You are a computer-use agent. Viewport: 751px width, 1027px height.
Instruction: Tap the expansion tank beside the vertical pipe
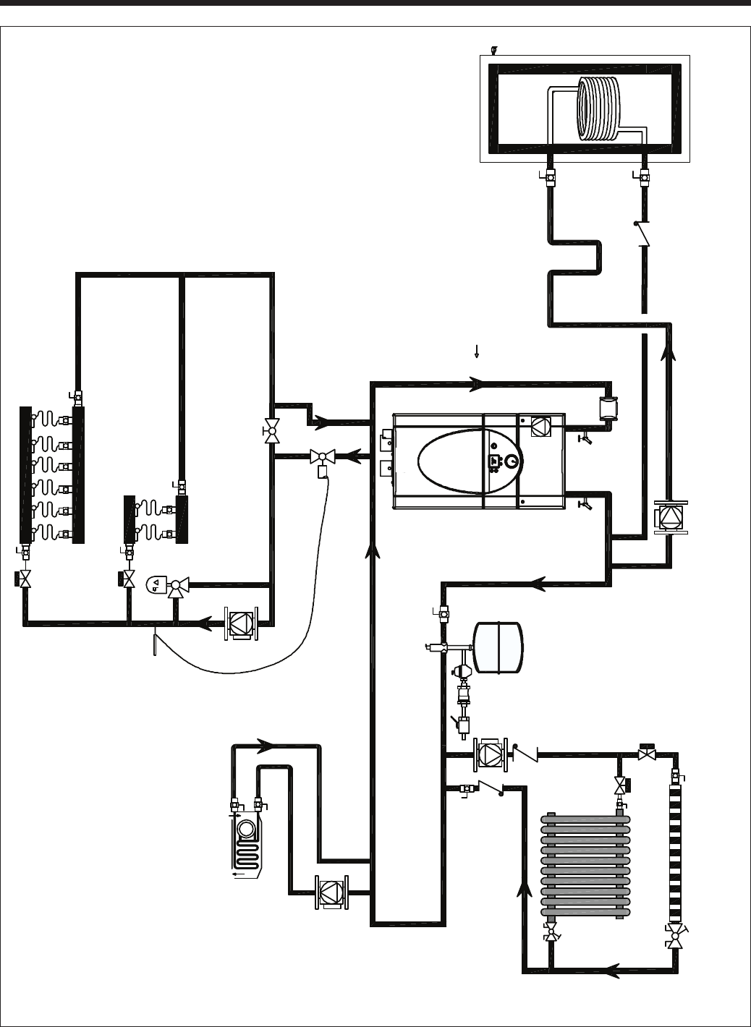click(497, 644)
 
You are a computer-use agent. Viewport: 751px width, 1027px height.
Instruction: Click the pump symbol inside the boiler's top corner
click(540, 427)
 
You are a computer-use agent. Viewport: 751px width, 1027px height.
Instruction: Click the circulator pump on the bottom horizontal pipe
click(330, 891)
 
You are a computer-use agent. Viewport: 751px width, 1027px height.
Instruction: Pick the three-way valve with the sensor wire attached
click(320, 457)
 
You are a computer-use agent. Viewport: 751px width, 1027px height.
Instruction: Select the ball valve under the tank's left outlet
click(550, 176)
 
